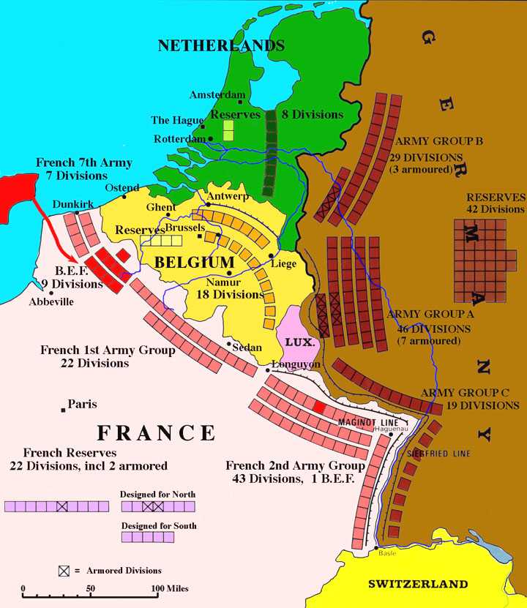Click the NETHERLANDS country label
pos(221,45)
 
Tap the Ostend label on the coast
pos(122,188)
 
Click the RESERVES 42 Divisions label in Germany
pos(496,203)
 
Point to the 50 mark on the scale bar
pos(90,588)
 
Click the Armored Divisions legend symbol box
pos(65,570)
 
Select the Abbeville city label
pos(51,301)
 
